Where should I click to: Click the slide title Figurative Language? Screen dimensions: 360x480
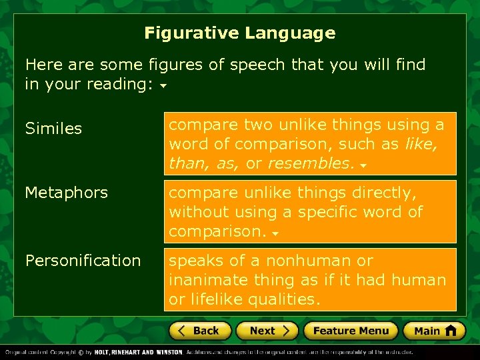pos(239,33)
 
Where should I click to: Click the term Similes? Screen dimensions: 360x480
pos(53,128)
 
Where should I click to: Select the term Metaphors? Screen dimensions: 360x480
pos(66,193)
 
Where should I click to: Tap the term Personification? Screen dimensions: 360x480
pos(83,261)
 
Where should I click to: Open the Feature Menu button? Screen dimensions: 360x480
pos(351,331)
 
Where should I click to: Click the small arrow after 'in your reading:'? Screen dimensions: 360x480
pos(163,86)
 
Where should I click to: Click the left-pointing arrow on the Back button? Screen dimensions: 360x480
pos(180,331)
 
